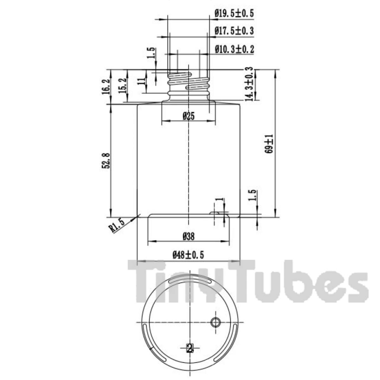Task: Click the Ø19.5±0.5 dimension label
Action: point(234,13)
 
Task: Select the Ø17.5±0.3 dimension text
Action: point(234,31)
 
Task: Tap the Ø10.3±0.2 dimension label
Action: point(234,49)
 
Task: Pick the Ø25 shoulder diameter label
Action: point(188,116)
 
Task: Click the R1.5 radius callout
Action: point(117,226)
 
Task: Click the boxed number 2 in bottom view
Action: point(189,349)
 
